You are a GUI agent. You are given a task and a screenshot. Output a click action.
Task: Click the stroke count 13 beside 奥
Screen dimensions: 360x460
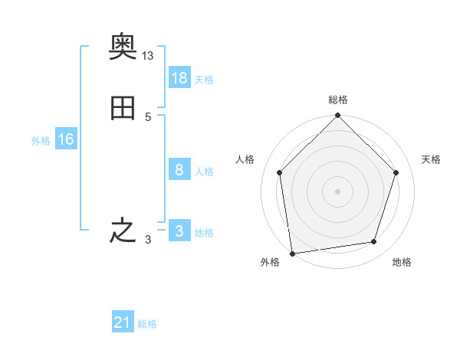click(x=148, y=56)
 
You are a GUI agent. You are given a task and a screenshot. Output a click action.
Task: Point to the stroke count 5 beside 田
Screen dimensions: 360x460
click(x=147, y=117)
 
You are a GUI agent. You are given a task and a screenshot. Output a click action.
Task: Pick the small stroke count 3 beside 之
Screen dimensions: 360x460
click(x=147, y=240)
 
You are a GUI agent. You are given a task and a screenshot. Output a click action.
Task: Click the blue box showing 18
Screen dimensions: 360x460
click(x=179, y=78)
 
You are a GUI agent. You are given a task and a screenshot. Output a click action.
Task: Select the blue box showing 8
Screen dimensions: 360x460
click(x=179, y=170)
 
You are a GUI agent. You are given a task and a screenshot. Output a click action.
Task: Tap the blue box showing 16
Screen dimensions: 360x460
click(x=66, y=139)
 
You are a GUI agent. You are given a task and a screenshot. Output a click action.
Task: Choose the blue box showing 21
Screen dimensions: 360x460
click(x=123, y=323)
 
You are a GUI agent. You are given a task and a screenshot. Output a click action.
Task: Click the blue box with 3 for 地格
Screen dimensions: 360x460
click(x=179, y=231)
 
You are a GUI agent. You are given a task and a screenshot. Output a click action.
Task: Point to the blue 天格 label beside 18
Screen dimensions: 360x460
click(x=204, y=79)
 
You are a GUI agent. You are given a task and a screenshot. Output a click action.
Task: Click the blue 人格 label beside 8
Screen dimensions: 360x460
click(x=204, y=171)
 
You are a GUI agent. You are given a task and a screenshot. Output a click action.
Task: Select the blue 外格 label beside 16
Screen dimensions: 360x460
click(x=41, y=140)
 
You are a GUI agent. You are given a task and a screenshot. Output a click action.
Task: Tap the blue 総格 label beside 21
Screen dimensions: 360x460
click(x=147, y=324)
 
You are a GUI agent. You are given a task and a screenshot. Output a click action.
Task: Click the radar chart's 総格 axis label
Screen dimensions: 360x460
click(x=337, y=100)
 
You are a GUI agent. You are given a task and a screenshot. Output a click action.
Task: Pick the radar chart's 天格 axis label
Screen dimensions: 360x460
click(x=432, y=159)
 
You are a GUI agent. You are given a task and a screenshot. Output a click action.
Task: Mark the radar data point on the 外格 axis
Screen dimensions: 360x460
click(x=292, y=253)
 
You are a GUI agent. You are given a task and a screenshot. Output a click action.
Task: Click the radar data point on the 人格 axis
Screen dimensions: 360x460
click(x=279, y=172)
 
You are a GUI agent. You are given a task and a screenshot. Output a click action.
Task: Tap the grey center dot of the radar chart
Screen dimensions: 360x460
click(x=337, y=191)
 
